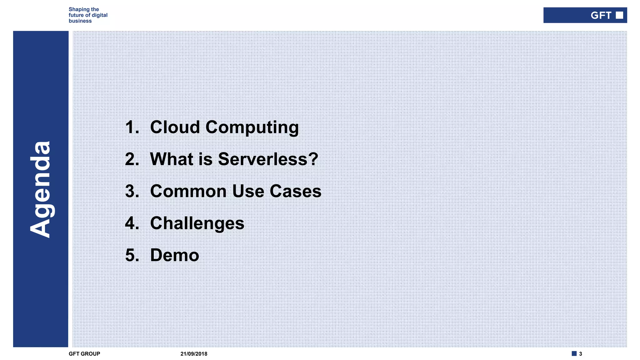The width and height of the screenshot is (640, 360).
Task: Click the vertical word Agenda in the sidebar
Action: [40, 189]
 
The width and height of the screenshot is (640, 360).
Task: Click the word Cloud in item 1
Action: [175, 127]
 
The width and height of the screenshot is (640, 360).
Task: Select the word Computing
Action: [252, 128]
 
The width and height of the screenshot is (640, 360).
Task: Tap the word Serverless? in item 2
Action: [268, 159]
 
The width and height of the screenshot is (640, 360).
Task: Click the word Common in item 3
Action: [188, 191]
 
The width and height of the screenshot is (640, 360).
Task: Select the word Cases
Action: [295, 191]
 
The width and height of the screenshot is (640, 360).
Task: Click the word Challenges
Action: [197, 223]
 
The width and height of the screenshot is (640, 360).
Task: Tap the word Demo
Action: [174, 255]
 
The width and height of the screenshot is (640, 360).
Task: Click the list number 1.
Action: [132, 127]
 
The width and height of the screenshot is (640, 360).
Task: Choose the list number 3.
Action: [132, 191]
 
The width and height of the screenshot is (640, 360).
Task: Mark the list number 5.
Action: [132, 255]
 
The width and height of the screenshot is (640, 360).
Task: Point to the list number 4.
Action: [132, 223]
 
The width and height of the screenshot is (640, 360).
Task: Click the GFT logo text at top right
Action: [601, 15]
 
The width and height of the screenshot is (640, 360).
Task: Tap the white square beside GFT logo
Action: [619, 15]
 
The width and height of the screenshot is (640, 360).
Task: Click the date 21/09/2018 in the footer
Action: [194, 354]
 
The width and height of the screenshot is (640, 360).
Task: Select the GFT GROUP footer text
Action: [84, 354]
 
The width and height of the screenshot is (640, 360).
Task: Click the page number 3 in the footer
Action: [580, 354]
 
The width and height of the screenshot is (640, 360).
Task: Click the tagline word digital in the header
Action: [99, 15]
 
